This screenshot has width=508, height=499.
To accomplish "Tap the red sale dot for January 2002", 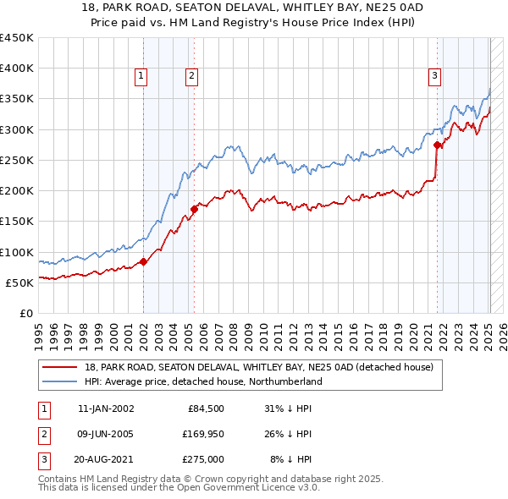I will [143, 261].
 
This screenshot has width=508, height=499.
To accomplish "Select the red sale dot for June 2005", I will [194, 209].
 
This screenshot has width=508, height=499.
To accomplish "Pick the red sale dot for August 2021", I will [438, 145].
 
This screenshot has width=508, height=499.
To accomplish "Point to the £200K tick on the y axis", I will [17, 190].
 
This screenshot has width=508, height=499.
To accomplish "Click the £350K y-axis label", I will [17, 99].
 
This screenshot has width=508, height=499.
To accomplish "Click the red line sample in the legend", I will [61, 367].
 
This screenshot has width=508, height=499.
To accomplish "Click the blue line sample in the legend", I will [61, 381].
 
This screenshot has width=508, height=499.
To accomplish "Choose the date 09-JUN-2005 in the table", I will [105, 434].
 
